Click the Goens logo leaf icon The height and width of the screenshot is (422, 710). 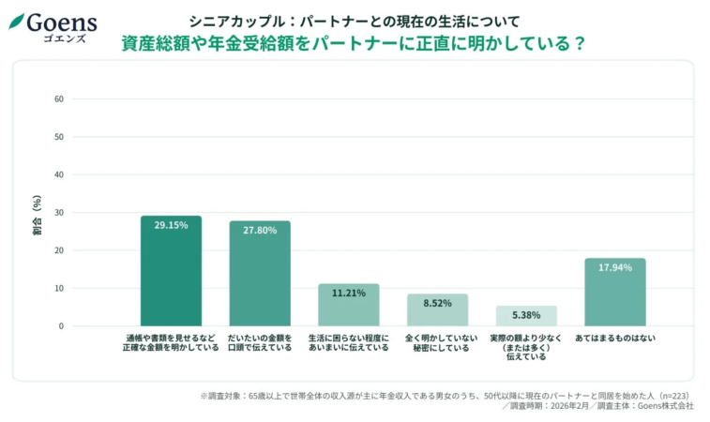tap(16, 21)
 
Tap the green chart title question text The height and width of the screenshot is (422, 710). tap(354, 43)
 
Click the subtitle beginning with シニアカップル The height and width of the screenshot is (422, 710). tap(354, 20)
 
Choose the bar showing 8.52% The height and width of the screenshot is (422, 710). tap(437, 310)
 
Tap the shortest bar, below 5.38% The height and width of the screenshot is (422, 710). tap(526, 316)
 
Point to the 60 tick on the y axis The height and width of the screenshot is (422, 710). tap(58, 98)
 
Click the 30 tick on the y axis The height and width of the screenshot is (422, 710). tap(58, 213)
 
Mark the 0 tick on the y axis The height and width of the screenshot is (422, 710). tap(60, 326)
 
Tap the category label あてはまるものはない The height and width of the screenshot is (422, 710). tap(614, 337)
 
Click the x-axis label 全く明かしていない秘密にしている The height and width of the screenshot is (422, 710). tap(437, 341)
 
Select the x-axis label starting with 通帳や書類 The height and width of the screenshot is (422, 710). tap(171, 341)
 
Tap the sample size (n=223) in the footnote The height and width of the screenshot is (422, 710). tap(672, 396)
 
